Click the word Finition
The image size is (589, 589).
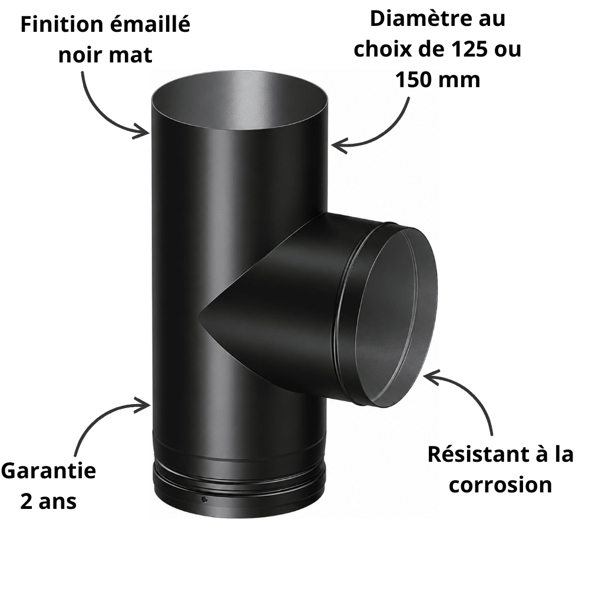62,24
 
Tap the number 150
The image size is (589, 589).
415,80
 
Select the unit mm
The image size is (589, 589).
461,81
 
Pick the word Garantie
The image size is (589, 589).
49,471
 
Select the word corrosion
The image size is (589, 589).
500,485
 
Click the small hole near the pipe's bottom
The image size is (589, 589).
204,499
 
